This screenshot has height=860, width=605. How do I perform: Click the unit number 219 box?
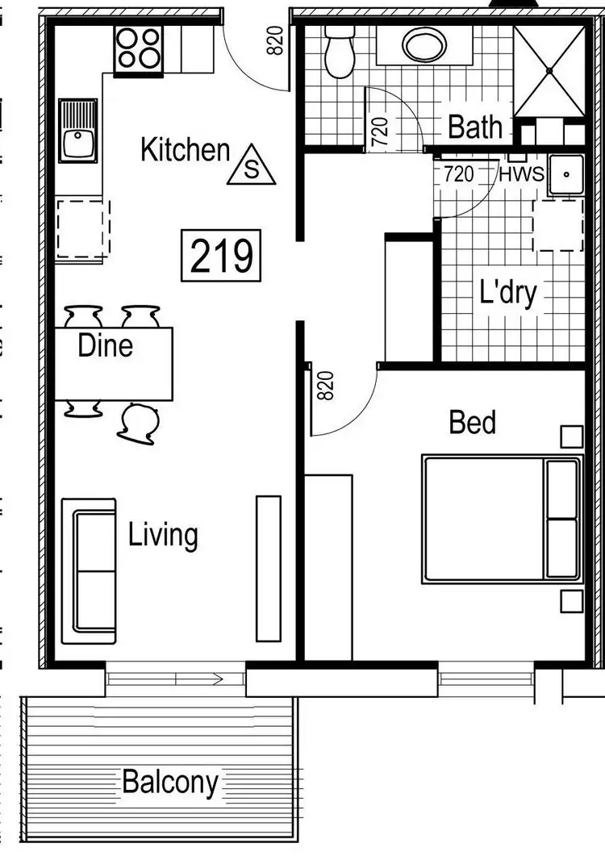(x=222, y=256)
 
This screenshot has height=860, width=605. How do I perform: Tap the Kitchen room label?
(x=185, y=150)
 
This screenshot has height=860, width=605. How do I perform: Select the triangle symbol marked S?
(x=251, y=166)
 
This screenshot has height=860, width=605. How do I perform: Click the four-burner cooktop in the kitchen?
(x=139, y=48)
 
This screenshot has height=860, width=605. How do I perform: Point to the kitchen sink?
(x=78, y=132)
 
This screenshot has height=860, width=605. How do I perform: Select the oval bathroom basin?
(x=425, y=46)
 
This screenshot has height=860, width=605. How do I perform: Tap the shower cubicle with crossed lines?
(x=549, y=70)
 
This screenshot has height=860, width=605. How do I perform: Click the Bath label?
(x=475, y=127)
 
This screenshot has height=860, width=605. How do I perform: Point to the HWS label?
(x=522, y=173)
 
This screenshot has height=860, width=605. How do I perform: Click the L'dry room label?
(x=507, y=292)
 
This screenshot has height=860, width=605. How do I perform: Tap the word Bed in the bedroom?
(x=472, y=422)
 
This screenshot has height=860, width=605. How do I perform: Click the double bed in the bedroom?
(x=501, y=519)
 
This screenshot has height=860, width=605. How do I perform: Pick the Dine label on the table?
(x=105, y=346)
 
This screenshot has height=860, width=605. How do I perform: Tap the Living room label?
(x=163, y=535)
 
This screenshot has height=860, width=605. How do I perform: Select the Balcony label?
(x=169, y=782)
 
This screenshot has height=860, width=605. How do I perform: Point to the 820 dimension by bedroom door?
(x=325, y=386)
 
